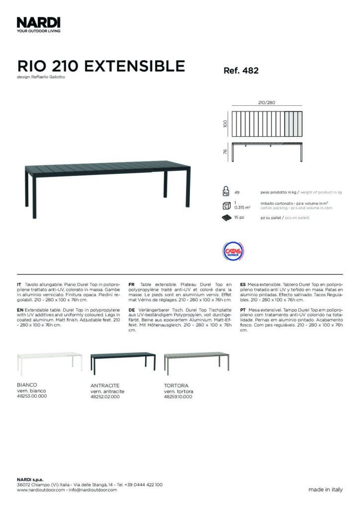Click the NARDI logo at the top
[39, 23]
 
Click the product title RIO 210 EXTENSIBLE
[101, 66]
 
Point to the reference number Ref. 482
[241, 71]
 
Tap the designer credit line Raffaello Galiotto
[41, 77]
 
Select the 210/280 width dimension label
[267, 103]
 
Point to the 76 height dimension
[225, 152]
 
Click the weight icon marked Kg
[226, 191]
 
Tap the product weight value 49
[237, 192]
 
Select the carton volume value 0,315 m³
[242, 207]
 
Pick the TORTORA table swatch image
[196, 361]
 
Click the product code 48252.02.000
[105, 397]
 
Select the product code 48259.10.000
[178, 397]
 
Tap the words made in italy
[325, 490]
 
